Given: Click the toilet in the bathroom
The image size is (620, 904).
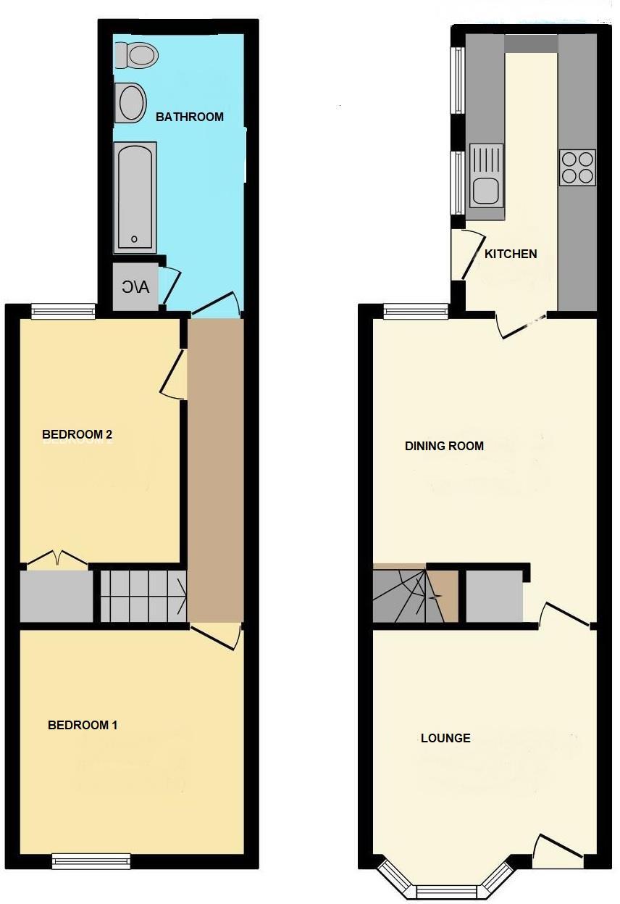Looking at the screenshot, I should click(137, 54).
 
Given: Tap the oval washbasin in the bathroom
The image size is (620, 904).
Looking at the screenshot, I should click(130, 102).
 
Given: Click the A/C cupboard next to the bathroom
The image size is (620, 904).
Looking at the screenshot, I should click(135, 287).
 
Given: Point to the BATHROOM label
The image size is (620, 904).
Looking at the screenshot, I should click(190, 117).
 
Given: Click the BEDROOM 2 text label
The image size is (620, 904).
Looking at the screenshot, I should click(77, 435).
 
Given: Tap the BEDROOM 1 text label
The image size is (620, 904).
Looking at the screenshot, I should click(83, 725).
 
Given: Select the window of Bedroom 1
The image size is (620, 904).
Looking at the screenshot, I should click(91, 861).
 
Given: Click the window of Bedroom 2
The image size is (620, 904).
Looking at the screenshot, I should click(63, 312).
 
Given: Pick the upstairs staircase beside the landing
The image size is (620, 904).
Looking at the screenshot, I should click(143, 596).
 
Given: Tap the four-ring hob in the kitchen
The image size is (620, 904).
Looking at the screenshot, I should click(577, 167).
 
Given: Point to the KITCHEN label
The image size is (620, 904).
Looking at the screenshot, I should click(511, 254).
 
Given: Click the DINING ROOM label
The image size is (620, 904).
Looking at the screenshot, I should click(444, 446).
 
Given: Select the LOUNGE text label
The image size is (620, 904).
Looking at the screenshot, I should click(445, 738).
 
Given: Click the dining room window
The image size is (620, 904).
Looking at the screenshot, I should click(416, 312).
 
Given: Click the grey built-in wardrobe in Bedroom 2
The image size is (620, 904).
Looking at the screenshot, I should click(56, 597).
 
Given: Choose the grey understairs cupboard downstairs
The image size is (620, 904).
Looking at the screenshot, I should click(494, 596).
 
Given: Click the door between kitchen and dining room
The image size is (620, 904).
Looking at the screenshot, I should click(521, 325).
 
